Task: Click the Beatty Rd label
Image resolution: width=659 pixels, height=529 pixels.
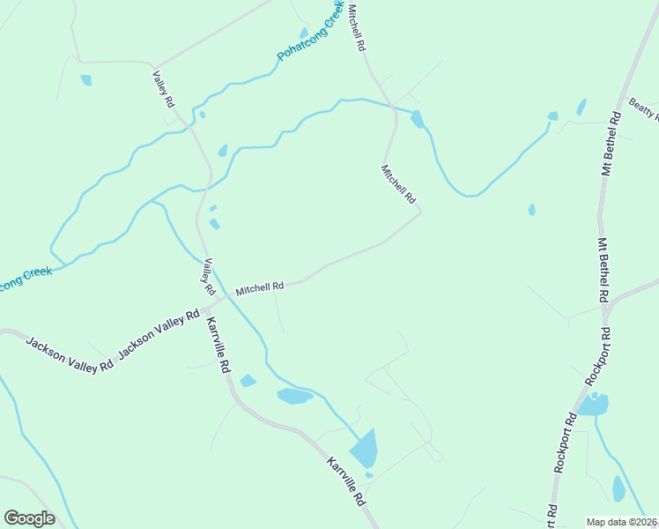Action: point(644,109)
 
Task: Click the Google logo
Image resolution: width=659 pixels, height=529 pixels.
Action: point(29,518)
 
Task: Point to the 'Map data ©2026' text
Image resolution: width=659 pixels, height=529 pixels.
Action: point(621,521)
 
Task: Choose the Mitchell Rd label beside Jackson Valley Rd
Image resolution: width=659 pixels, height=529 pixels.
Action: point(259,287)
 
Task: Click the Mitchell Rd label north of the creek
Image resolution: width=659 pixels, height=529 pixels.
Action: point(356,27)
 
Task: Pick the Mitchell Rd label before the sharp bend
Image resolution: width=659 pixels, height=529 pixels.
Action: point(398,184)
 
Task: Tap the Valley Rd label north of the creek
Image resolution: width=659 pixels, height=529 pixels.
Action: point(164,89)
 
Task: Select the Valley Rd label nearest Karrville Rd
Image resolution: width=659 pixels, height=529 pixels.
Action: point(209,276)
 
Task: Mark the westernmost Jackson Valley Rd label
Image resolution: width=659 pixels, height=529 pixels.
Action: point(70,354)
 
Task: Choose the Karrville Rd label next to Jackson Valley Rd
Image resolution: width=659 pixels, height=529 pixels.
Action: point(218,345)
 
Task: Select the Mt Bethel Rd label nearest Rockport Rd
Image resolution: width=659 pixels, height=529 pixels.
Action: point(603,271)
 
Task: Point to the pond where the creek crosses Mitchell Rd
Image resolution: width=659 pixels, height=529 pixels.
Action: point(417,119)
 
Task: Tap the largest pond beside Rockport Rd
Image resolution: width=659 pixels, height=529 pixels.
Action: point(593,405)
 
